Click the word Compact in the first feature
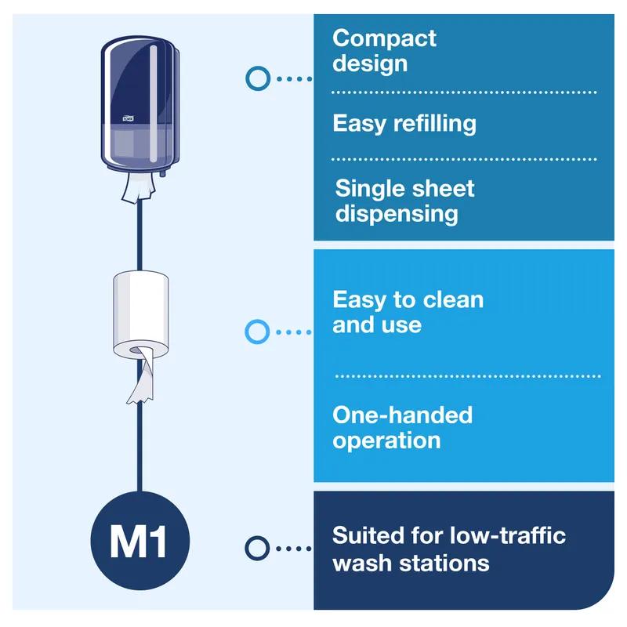[384, 38]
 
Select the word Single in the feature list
[370, 189]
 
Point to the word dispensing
[397, 214]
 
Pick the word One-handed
[402, 415]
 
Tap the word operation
[386, 440]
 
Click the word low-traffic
[510, 536]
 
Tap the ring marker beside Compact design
[257, 78]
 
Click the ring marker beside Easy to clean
[257, 332]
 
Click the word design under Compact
[370, 63]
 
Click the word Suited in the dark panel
[367, 536]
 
